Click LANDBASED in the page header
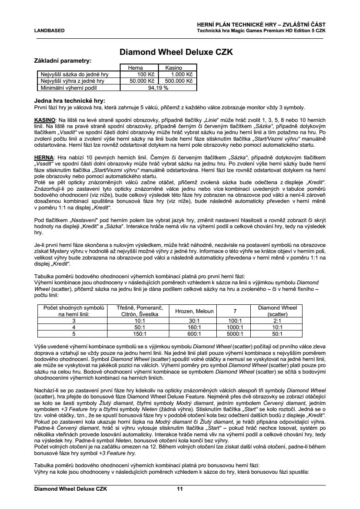pyautogui.click(x=49, y=31)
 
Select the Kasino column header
pyautogui.click(x=173, y=68)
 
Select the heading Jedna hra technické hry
pyautogui.click(x=70, y=101)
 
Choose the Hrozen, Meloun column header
pyautogui.click(x=194, y=311)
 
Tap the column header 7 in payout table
pyautogui.click(x=235, y=311)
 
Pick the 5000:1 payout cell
pyautogui.click(x=235, y=334)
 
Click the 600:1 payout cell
pyautogui.click(x=194, y=334)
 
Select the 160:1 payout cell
pyautogui.click(x=194, y=327)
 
